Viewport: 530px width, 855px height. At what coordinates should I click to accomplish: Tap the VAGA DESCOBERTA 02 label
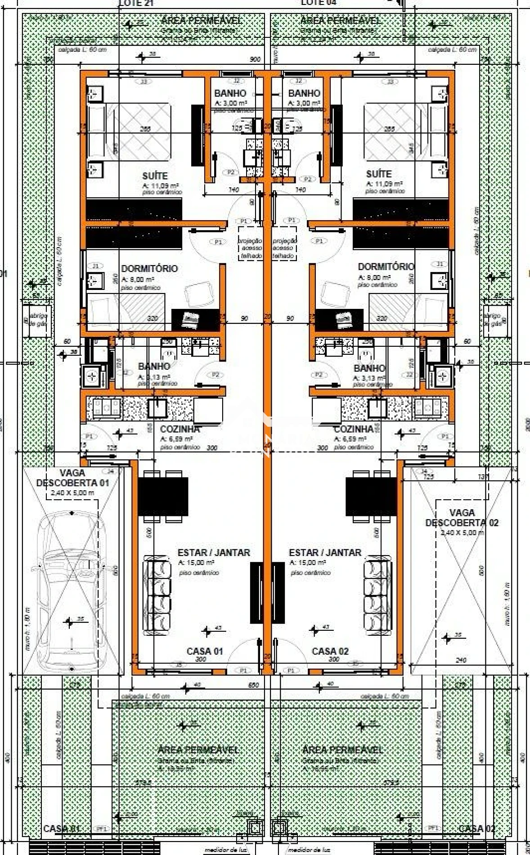[462, 518]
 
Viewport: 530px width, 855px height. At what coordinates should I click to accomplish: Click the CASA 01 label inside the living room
[205, 651]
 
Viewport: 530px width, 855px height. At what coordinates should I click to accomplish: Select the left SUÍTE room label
[155, 176]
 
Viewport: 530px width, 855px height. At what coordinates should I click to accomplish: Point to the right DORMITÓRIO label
[386, 267]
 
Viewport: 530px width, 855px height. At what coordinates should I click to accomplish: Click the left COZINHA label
[180, 429]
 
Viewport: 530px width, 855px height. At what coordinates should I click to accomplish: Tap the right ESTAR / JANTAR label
[325, 552]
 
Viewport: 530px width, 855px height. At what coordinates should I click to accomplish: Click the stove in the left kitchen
[105, 408]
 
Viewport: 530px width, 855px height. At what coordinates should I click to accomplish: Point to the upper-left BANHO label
[230, 93]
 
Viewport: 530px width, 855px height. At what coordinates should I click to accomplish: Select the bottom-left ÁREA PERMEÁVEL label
[198, 750]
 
